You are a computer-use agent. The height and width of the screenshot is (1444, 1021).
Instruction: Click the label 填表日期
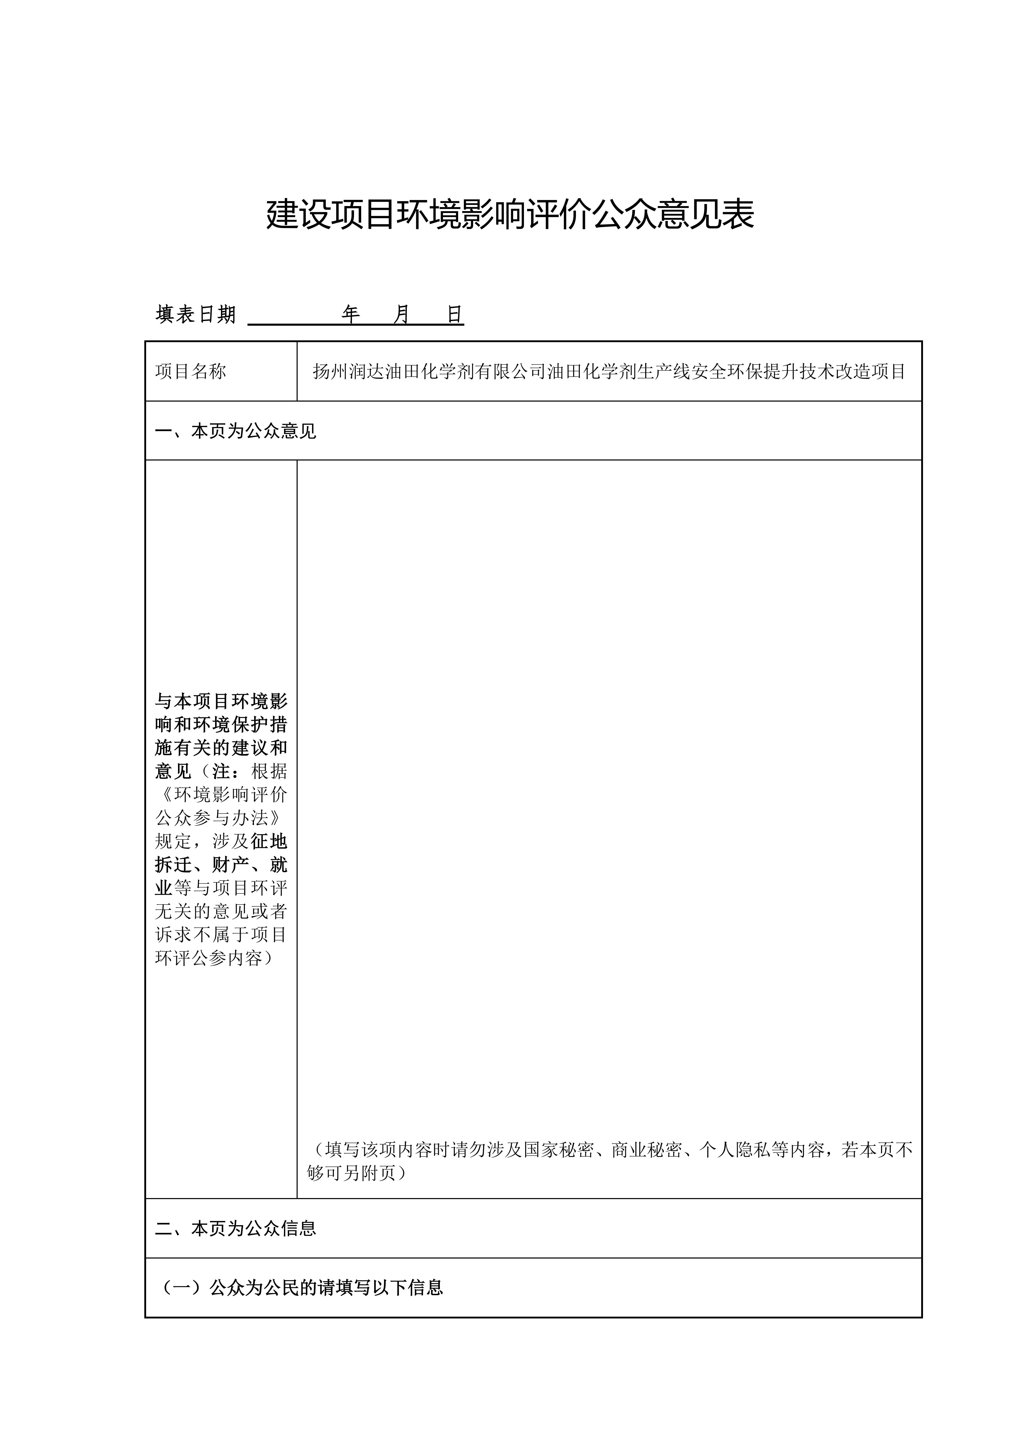196,314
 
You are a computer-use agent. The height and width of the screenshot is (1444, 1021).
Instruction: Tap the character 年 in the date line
351,314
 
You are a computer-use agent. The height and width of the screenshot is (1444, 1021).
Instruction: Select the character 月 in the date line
402,314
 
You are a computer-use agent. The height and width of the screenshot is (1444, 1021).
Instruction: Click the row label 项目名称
191,372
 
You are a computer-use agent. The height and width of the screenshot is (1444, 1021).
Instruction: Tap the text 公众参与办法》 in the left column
221,818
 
